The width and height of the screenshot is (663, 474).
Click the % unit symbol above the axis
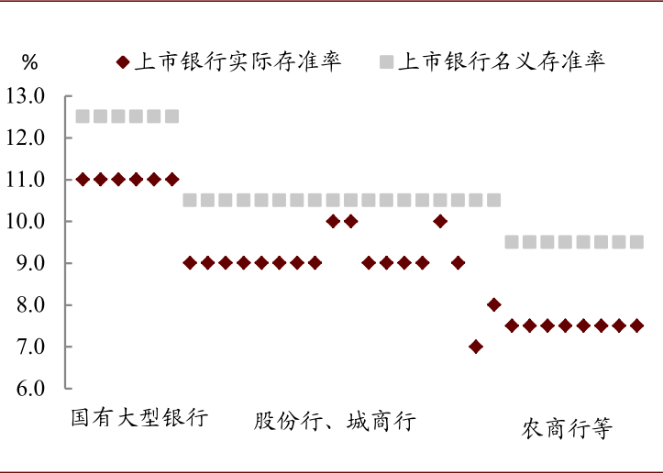[30, 61]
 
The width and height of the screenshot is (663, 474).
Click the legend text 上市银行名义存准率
[502, 61]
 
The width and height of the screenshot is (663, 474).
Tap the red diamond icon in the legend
[122, 62]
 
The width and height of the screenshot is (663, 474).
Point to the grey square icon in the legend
[385, 62]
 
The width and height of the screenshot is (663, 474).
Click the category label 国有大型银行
[139, 418]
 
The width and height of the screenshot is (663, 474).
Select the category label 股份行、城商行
[335, 422]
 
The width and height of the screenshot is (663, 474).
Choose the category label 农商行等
[566, 429]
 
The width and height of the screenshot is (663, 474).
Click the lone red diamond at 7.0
[475, 347]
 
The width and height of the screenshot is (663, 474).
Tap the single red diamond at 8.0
[493, 304]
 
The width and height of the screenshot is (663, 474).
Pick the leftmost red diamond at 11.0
[83, 180]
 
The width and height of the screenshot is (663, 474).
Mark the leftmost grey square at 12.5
[83, 116]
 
